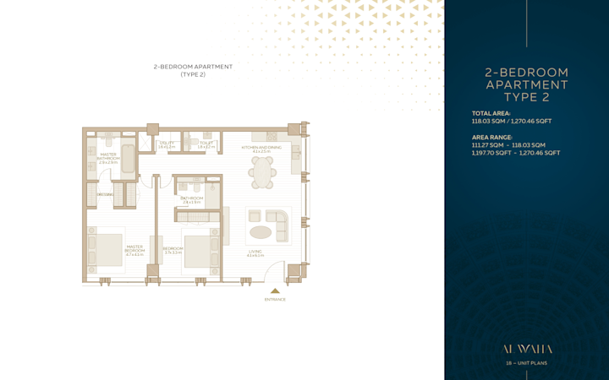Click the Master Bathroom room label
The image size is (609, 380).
coord(108,158)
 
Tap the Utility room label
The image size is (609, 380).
coord(167,145)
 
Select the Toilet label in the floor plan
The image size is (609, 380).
coord(206,145)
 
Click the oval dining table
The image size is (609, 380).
coord(262,172)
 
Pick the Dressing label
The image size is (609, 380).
coord(105,195)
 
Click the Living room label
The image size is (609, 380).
coord(255,252)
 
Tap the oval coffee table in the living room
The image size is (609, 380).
coord(261,232)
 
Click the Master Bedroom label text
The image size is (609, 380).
coord(134,251)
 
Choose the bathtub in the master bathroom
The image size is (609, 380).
coord(128,159)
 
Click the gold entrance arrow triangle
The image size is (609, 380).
coord(275,290)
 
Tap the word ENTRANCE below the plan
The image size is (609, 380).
coord(275,300)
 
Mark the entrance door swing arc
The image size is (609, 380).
coord(272,272)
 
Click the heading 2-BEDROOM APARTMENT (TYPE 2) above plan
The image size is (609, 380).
coord(193,70)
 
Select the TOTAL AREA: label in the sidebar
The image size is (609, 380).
coord(491,113)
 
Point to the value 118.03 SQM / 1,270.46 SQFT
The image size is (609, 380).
coord(511,121)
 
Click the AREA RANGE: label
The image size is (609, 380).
coord(491,137)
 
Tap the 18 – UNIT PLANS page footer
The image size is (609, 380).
coord(526,363)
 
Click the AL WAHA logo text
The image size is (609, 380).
coord(527,349)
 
